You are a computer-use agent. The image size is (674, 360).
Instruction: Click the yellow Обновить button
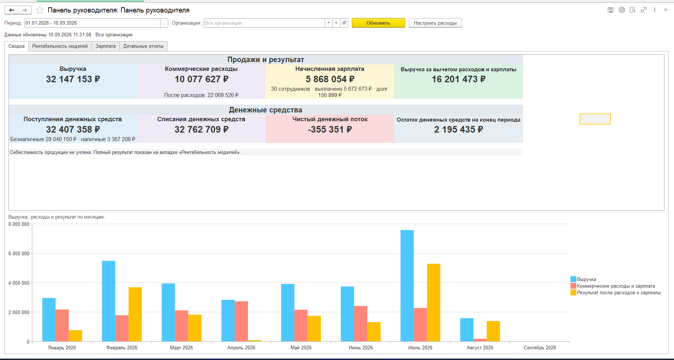tap(378, 23)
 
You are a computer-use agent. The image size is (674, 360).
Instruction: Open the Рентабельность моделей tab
tap(60, 46)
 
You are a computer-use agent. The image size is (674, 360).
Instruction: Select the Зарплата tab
tap(105, 46)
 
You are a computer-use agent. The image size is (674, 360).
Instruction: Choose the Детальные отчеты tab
tap(143, 46)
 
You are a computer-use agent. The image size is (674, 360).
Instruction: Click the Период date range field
tap(92, 23)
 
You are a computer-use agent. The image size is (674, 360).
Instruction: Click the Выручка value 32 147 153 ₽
tap(73, 79)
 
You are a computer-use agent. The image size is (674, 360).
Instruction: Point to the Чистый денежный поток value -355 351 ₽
tap(330, 129)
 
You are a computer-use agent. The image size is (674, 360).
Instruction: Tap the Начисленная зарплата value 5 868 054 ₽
tap(330, 79)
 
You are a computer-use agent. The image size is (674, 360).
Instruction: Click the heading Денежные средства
tap(266, 110)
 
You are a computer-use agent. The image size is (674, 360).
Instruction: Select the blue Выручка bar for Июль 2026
tap(407, 286)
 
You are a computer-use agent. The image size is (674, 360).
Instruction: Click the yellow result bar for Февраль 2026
tap(135, 314)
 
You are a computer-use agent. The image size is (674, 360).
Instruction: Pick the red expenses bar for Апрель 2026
tap(241, 321)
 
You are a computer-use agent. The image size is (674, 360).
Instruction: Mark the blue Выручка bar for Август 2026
tap(467, 330)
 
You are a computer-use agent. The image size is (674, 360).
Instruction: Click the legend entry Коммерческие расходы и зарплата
tap(616, 286)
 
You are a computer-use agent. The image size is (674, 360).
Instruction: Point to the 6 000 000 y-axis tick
tap(19, 253)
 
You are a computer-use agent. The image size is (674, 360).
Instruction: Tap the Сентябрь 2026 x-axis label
tap(540, 348)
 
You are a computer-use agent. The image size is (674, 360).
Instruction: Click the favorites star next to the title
tap(40, 10)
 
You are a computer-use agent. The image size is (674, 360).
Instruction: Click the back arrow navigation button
tap(11, 10)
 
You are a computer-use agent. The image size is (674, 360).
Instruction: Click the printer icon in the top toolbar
tap(621, 10)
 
